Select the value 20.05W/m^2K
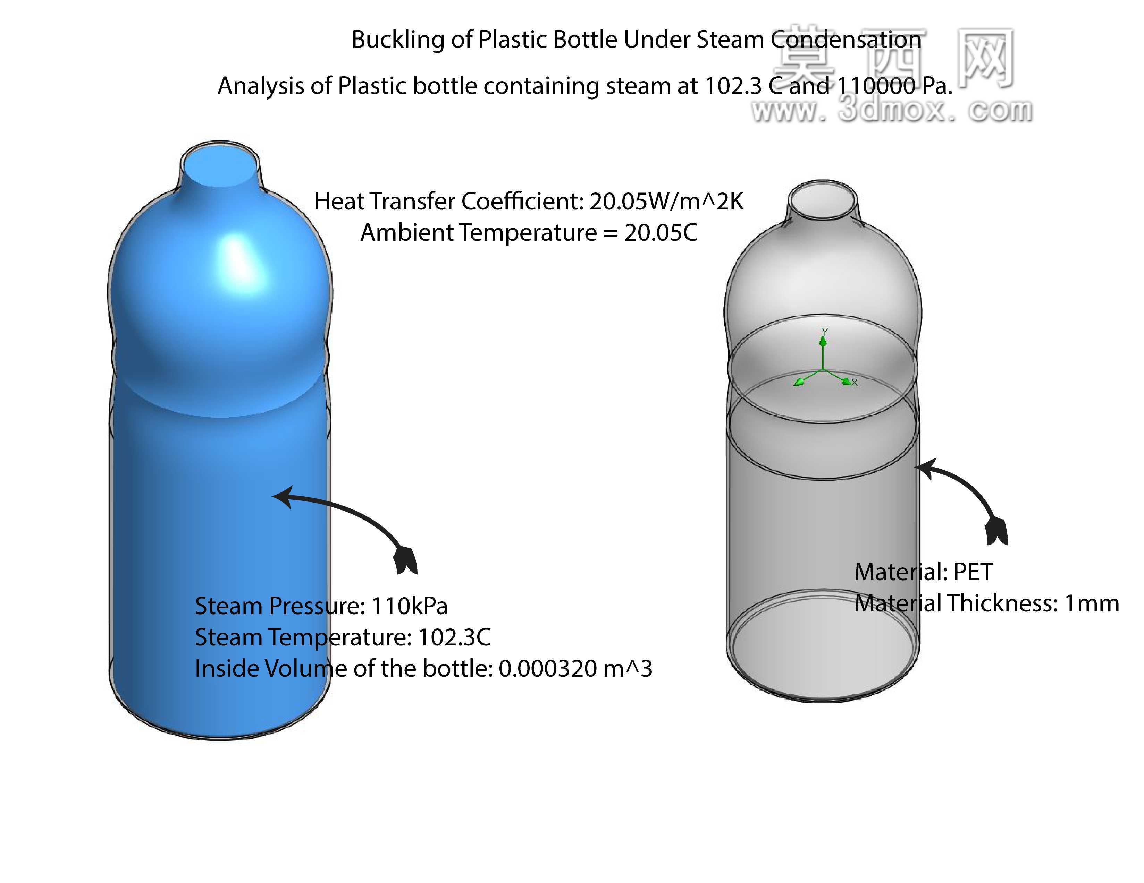[x=667, y=202]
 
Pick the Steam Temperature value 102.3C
[x=454, y=637]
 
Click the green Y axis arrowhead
[x=823, y=341]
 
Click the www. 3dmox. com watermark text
[x=892, y=110]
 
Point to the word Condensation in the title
[x=846, y=40]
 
